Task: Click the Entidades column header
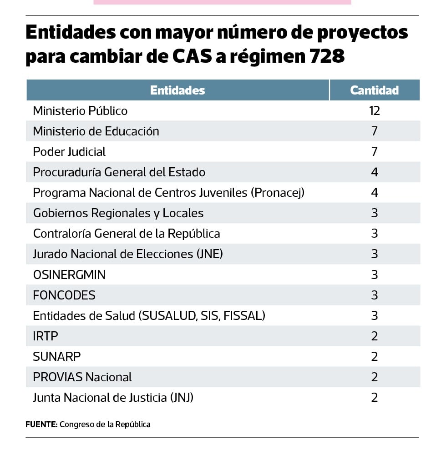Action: coord(177,90)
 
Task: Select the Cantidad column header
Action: coord(374,90)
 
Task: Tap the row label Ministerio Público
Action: coord(80,111)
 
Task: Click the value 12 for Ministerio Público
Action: coord(374,111)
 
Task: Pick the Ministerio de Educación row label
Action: coord(96,131)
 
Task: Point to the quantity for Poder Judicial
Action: coord(374,152)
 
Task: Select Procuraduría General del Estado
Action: coord(119,172)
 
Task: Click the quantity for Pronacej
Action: coord(374,193)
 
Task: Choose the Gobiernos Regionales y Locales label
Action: coord(118,213)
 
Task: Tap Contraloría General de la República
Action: coord(127,234)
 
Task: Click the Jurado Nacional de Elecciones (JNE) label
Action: coord(128,254)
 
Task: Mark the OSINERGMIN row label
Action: coord(69,275)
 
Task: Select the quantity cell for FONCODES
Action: coord(374,295)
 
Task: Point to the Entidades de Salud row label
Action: coord(149,315)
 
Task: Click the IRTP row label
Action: coord(46,336)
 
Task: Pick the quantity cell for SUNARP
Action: coord(374,357)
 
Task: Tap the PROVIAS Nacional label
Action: coord(82,377)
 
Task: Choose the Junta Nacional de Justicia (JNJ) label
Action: coord(113,398)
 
